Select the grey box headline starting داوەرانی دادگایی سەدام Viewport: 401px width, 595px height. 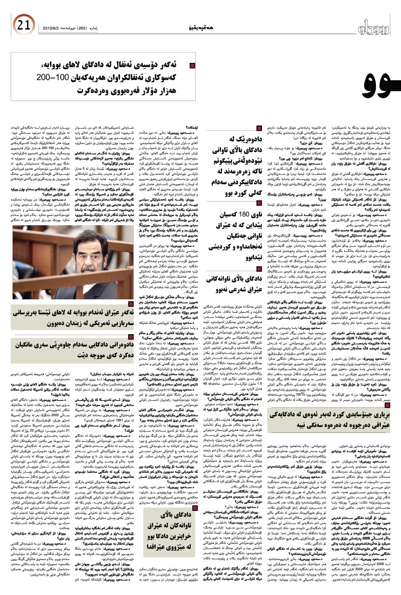point(73,350)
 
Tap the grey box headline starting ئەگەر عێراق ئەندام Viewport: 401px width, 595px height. point(73,317)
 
